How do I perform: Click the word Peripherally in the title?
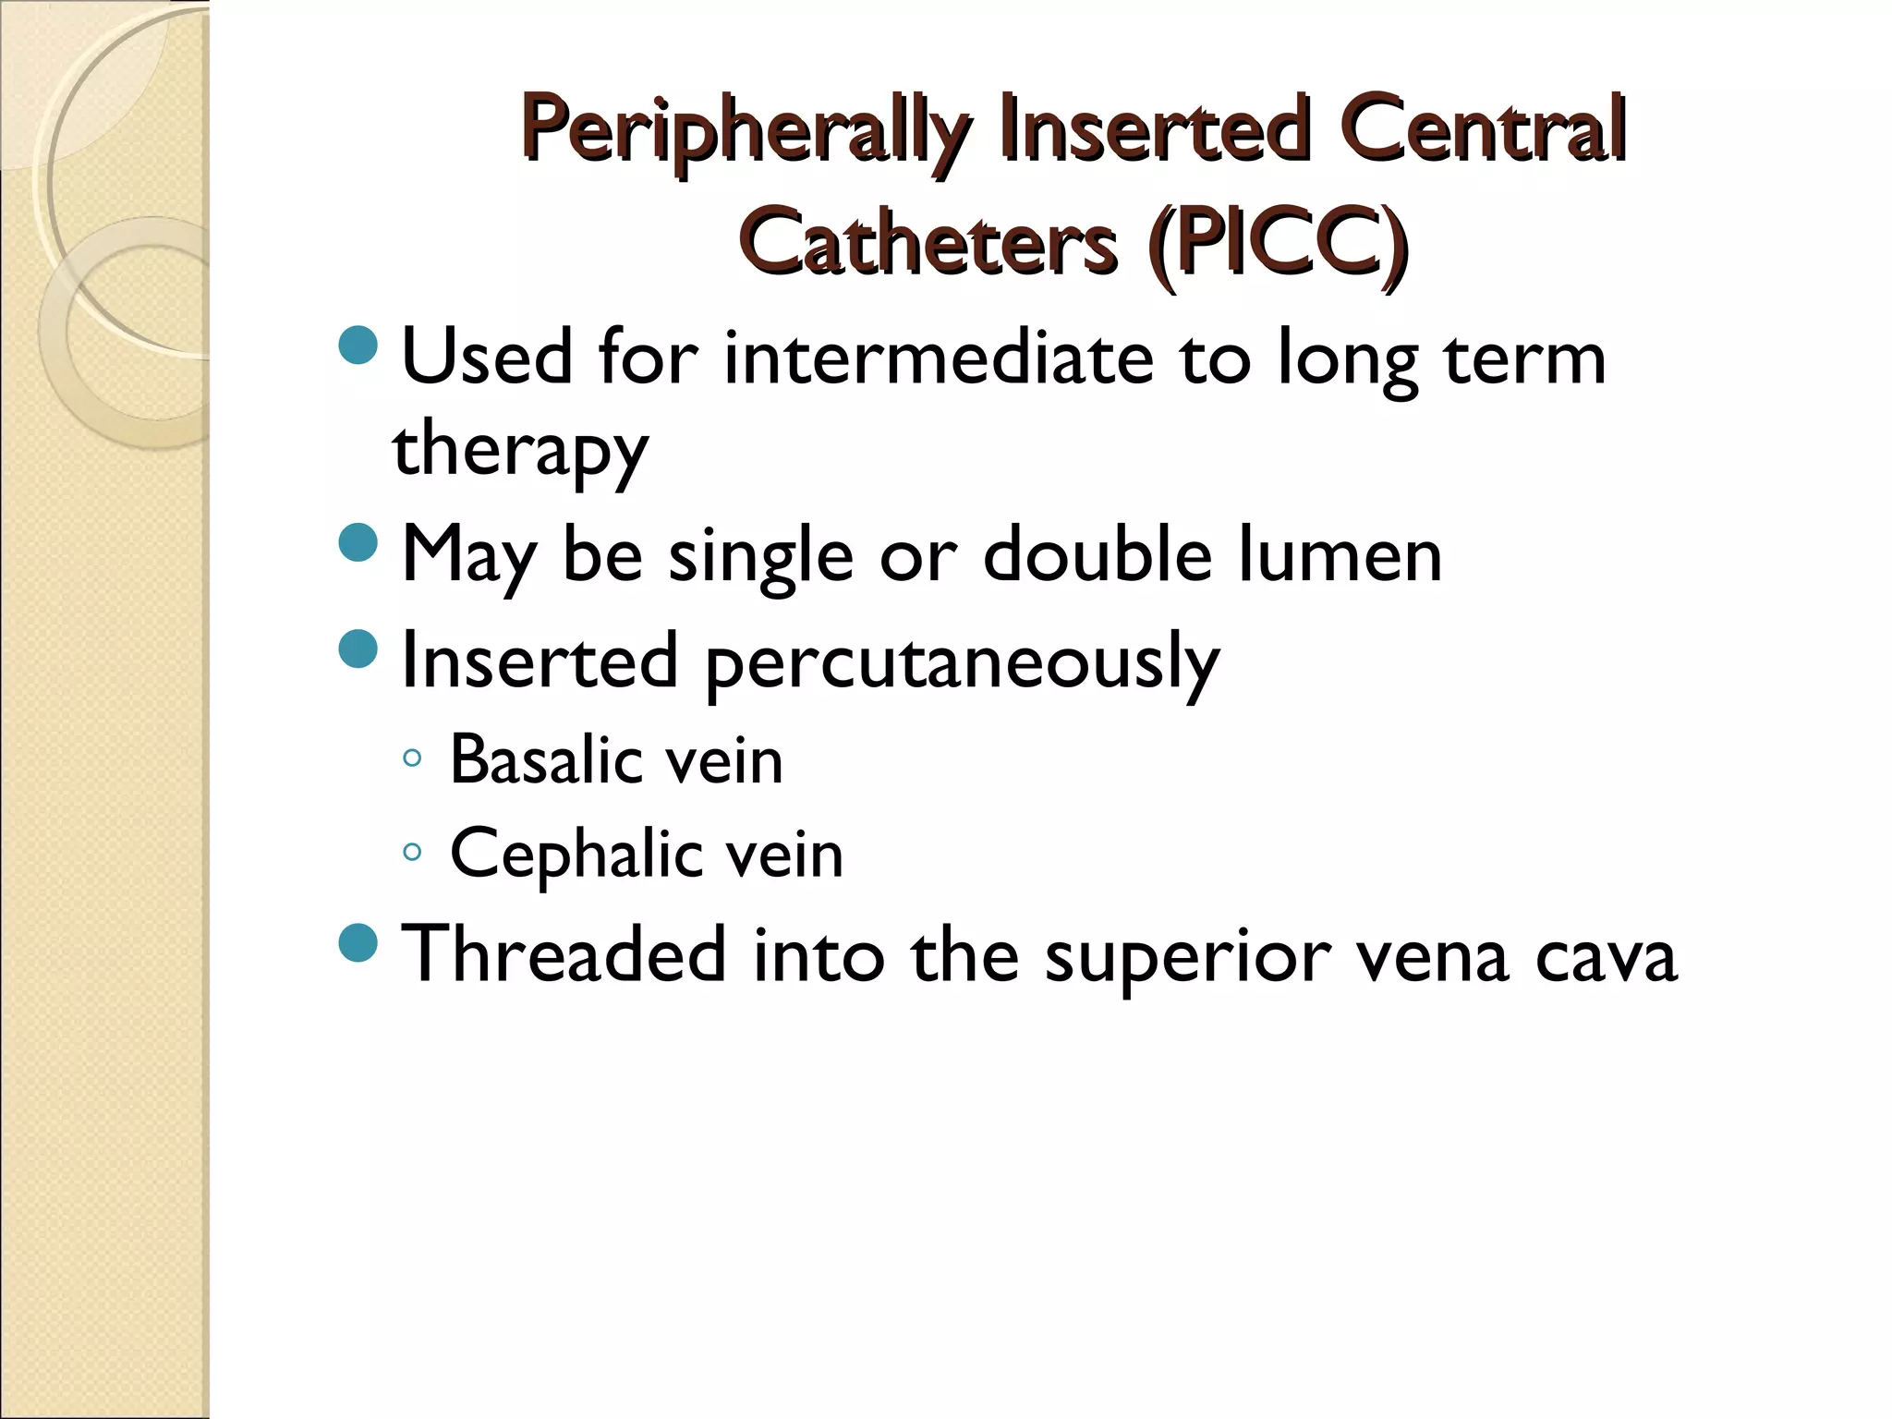[745, 131]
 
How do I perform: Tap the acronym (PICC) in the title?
[1278, 243]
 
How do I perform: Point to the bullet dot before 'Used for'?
[358, 345]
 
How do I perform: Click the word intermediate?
[938, 358]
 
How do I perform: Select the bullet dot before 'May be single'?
[358, 542]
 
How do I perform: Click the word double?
[1097, 556]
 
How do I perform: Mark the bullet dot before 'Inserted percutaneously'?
[358, 649]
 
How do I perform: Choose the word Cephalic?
[574, 854]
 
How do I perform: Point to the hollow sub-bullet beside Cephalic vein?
[413, 852]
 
